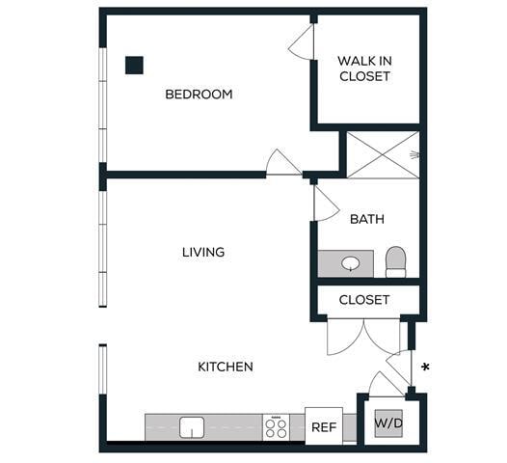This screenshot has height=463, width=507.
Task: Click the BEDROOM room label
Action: tap(199, 95)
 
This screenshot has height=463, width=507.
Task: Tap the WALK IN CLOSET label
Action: tap(364, 68)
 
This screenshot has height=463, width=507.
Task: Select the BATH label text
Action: tap(366, 219)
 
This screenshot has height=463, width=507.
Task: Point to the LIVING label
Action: tap(203, 252)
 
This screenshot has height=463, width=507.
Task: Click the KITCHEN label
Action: tap(226, 367)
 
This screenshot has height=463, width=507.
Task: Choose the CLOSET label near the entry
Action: tap(364, 300)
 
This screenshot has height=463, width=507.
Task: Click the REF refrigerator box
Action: tap(323, 425)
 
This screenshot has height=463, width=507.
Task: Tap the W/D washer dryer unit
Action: tap(389, 423)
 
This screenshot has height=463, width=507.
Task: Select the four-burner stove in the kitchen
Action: tap(276, 426)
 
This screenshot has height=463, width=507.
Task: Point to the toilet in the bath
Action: tap(395, 261)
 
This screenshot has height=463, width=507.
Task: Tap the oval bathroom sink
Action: tap(352, 262)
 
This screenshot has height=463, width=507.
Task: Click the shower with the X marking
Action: tap(382, 154)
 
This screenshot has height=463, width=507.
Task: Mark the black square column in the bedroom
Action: tap(134, 65)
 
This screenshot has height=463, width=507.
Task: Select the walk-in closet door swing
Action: tap(301, 41)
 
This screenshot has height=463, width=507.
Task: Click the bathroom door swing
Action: tap(325, 203)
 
